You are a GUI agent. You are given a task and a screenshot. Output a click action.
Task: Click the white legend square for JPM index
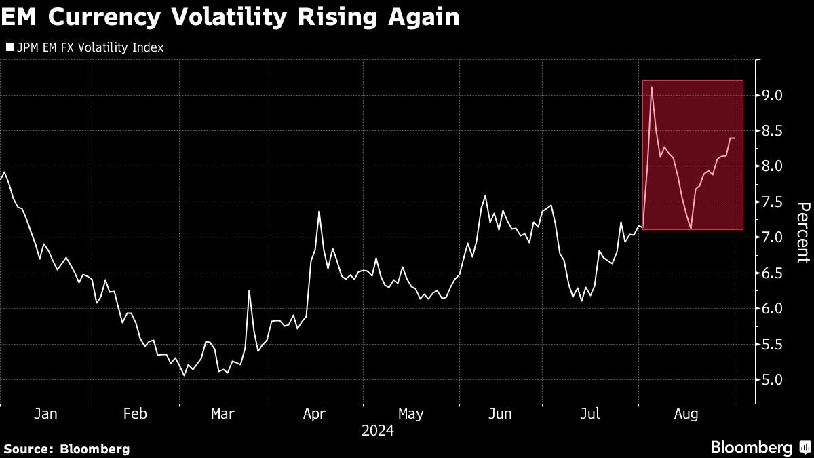(9, 48)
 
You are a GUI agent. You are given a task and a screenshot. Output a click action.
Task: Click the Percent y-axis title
(802, 232)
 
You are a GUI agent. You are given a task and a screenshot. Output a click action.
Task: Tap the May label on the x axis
(410, 413)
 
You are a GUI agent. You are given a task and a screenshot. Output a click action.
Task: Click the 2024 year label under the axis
(377, 430)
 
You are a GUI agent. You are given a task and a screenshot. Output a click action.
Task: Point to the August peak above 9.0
(651, 87)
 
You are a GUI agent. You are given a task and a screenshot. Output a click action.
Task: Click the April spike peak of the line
(319, 212)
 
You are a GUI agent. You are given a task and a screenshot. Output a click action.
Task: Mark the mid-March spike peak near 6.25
(249, 291)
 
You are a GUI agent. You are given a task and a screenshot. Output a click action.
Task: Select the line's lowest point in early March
(185, 375)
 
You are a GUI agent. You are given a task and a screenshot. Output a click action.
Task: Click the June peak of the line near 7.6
(486, 196)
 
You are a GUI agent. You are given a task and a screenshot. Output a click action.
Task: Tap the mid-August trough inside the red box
(691, 228)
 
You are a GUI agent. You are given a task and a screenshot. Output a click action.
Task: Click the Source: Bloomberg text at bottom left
(66, 449)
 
